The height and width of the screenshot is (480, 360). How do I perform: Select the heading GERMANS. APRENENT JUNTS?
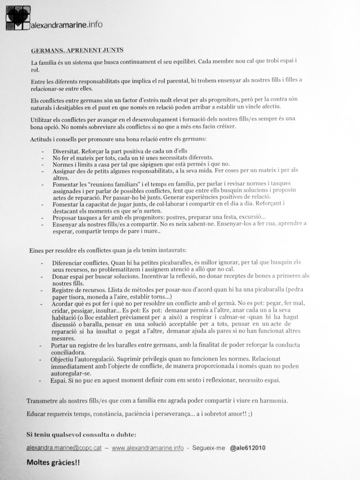(77, 50)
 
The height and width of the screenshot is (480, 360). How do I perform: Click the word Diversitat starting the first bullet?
(66, 150)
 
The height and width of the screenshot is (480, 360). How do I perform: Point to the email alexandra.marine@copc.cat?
(71, 448)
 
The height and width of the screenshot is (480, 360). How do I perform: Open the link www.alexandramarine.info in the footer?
(148, 448)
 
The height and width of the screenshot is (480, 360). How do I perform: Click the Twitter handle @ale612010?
(248, 448)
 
